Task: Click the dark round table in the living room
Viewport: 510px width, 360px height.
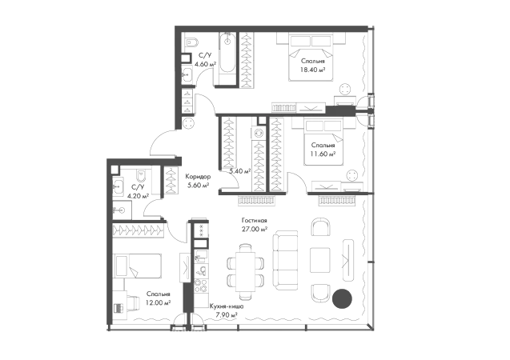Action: [x=342, y=300]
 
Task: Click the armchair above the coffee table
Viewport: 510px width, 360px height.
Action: [x=320, y=226]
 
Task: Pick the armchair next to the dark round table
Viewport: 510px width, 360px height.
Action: [x=320, y=292]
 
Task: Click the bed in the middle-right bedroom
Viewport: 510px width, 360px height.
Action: [x=323, y=147]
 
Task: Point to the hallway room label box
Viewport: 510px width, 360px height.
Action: [x=197, y=182]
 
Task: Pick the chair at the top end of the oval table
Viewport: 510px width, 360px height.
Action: [x=241, y=245]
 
